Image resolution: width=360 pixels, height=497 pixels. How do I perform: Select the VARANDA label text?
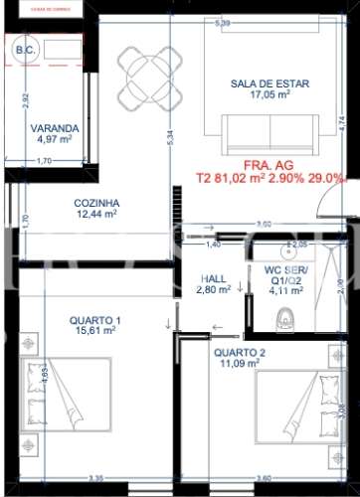[x=48, y=128]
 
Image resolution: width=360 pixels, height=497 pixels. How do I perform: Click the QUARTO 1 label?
[x=95, y=320]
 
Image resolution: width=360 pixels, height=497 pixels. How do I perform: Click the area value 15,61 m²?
[x=95, y=332]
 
